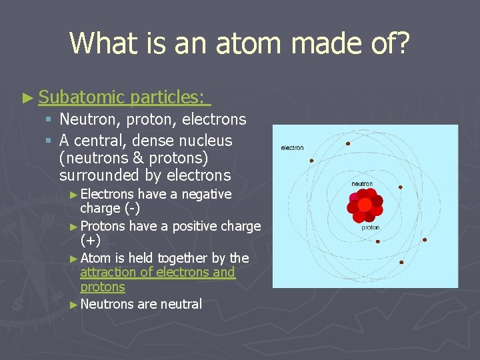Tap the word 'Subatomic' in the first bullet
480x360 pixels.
pyautogui.click(x=82, y=97)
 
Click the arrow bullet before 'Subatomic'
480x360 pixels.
pyautogui.click(x=27, y=98)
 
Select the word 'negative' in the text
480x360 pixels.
pyautogui.click(x=206, y=194)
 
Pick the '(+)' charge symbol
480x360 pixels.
pyautogui.click(x=90, y=240)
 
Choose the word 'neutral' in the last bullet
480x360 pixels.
pyautogui.click(x=180, y=304)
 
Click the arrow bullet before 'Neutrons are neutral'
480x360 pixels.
pyautogui.click(x=73, y=305)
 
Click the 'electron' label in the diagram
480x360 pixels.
pyautogui.click(x=292, y=148)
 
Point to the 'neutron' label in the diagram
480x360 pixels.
pyautogui.click(x=362, y=183)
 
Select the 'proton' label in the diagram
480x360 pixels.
pyautogui.click(x=370, y=227)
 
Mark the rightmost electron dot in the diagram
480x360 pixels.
pyautogui.click(x=425, y=239)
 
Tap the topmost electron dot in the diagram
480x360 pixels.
pyautogui.click(x=347, y=143)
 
